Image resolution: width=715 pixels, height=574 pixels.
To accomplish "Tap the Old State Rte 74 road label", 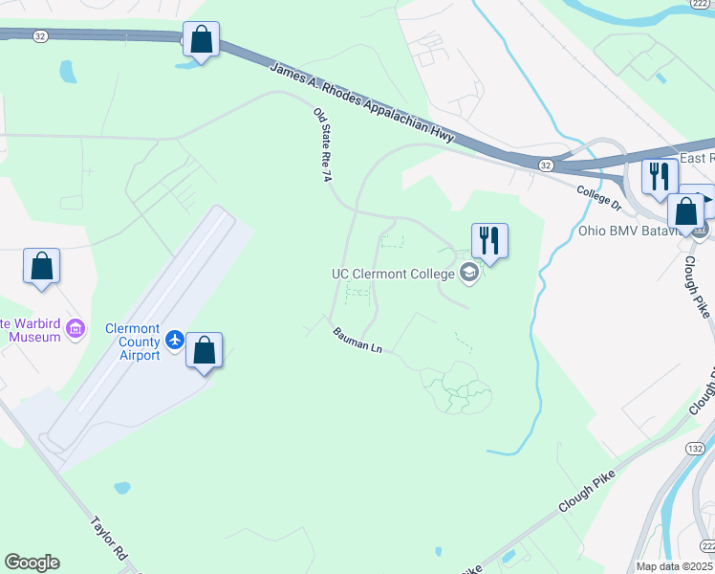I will [x=322, y=144].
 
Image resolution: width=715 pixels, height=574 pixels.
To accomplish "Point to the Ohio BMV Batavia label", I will [x=631, y=231].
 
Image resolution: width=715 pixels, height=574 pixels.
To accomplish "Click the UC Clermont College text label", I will [x=394, y=274].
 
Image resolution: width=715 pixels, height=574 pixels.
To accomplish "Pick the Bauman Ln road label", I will [x=357, y=341].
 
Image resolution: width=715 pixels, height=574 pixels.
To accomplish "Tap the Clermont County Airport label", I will [x=133, y=342].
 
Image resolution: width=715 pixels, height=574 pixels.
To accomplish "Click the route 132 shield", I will [x=695, y=448].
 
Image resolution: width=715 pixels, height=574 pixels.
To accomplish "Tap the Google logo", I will [x=32, y=563].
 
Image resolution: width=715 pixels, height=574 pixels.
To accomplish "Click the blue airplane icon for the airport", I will [x=175, y=339].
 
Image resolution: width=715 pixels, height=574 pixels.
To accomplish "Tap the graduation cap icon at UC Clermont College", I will [x=469, y=275].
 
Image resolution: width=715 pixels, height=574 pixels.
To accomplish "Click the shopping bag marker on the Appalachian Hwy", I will [x=201, y=41].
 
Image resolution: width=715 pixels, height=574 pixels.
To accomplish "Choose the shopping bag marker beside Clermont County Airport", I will [x=204, y=351].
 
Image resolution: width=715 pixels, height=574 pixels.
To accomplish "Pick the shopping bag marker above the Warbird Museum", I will [x=42, y=268].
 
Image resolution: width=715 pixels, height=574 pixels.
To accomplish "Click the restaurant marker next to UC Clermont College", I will [x=489, y=242].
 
